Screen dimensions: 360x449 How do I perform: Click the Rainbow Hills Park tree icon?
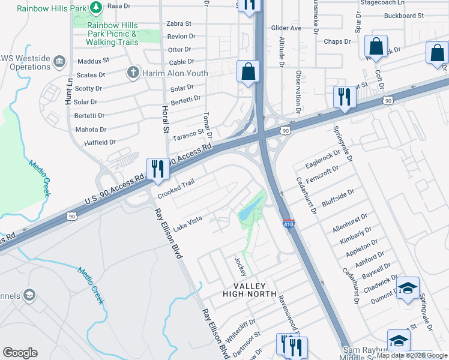pos(95,8)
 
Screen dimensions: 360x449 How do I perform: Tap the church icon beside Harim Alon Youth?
pos(132,73)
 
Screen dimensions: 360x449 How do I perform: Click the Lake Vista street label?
pos(188,224)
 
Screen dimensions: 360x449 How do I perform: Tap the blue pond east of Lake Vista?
pos(247,211)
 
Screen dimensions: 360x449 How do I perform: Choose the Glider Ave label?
pos(286,28)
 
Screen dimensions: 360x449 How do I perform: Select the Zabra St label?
pos(179,24)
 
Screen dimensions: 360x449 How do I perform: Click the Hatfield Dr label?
pos(100,142)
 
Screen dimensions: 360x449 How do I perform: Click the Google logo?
pos(20,353)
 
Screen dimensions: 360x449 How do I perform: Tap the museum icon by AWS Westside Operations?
pos(59,61)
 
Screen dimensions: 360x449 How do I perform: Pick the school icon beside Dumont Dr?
pos(408,289)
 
